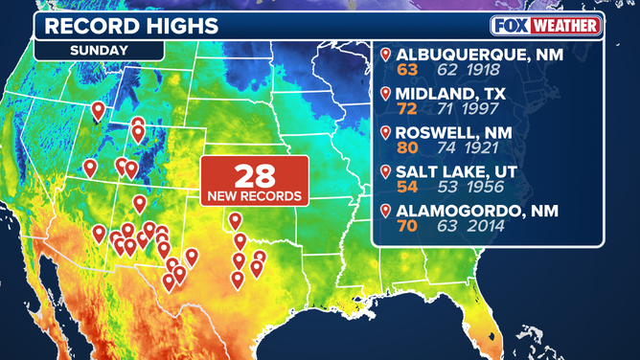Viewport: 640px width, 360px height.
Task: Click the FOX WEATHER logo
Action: click(x=546, y=25)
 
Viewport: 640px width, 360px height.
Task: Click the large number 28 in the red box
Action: click(x=254, y=176)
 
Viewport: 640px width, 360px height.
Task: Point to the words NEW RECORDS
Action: click(x=254, y=196)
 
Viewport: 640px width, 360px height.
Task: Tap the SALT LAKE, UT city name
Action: click(x=455, y=171)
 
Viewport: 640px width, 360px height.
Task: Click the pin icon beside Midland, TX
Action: click(x=386, y=94)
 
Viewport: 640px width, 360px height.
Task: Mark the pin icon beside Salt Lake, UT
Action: click(x=386, y=171)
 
